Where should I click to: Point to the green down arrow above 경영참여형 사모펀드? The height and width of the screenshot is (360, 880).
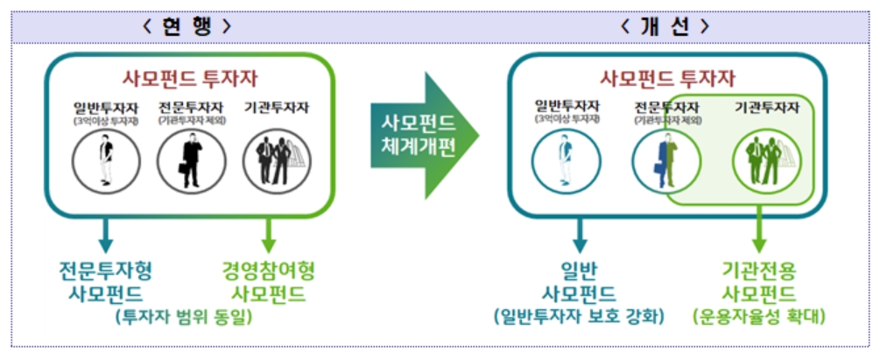point(269,233)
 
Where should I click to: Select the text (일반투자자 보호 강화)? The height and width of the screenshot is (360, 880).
point(579,315)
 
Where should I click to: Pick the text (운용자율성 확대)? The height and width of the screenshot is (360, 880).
point(758,315)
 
